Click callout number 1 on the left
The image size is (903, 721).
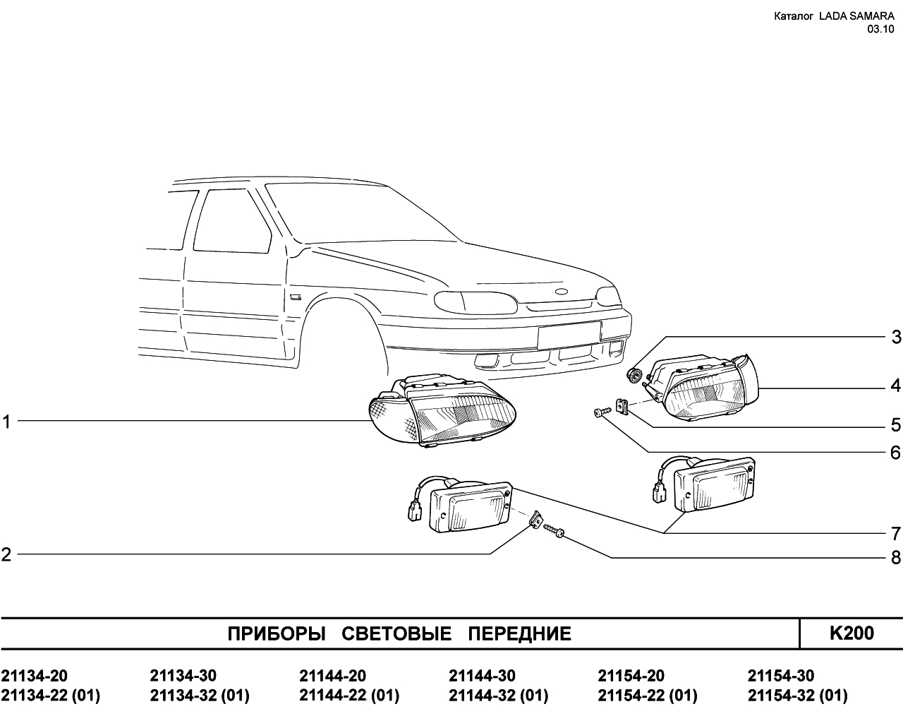[x=6, y=422]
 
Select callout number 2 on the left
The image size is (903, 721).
[x=6, y=555]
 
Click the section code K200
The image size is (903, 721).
[x=852, y=633]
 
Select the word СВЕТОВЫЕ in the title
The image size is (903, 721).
[x=396, y=634]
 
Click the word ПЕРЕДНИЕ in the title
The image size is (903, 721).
[x=520, y=634]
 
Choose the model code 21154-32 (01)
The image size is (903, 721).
[x=797, y=696]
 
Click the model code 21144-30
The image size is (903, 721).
[x=482, y=676]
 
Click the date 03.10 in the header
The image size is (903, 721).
[x=881, y=29]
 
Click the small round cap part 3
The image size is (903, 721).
[x=634, y=375]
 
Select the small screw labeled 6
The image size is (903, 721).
[x=600, y=412]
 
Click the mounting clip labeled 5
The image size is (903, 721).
[x=621, y=407]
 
